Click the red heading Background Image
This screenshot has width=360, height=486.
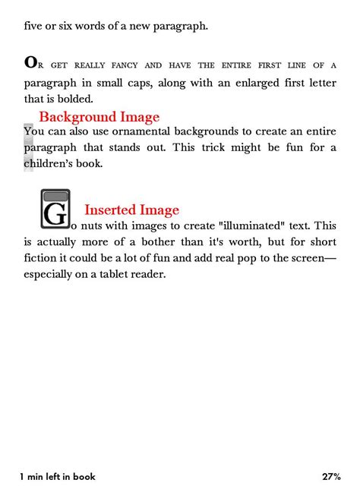[x=99, y=117]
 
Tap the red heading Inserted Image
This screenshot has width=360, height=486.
[x=131, y=210]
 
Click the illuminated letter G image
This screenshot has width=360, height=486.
[x=55, y=210]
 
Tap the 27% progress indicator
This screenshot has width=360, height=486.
[x=330, y=476]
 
